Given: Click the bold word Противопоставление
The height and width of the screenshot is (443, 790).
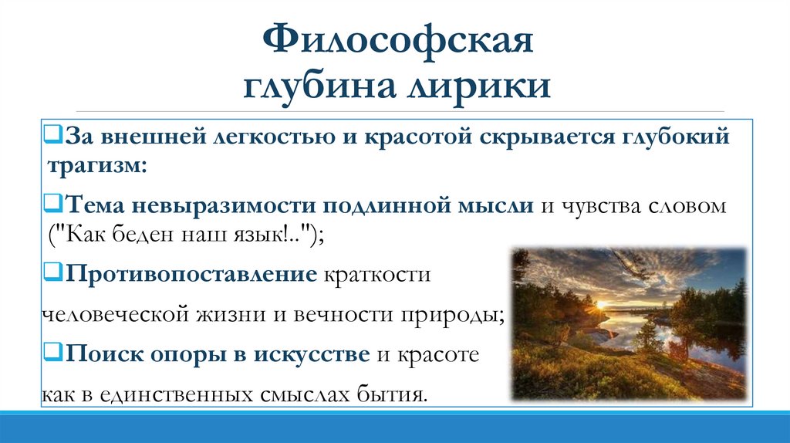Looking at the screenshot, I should (191, 274).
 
